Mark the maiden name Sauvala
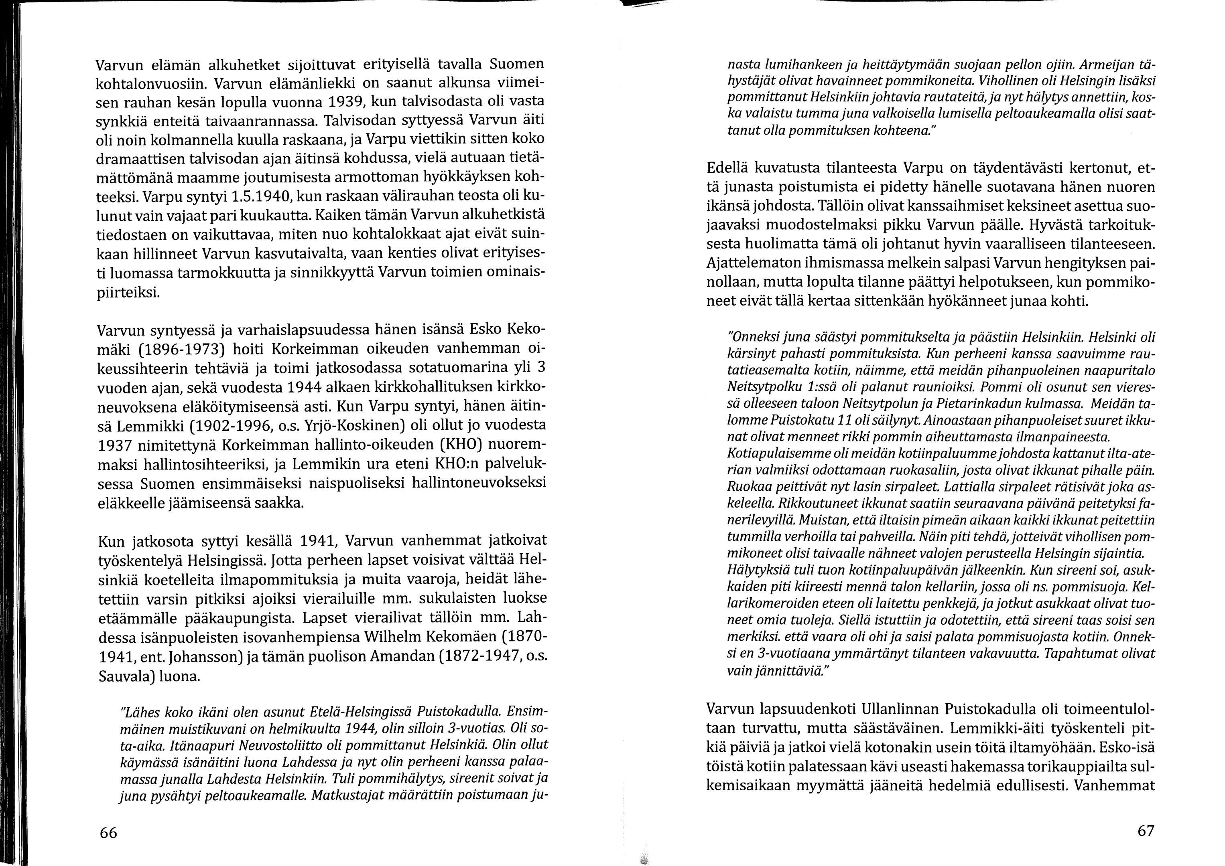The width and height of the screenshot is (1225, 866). click(125, 677)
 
